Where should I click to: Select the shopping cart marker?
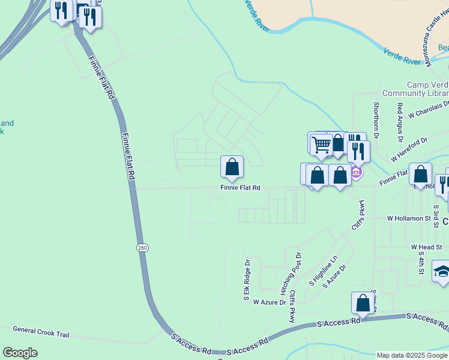pyautogui.click(x=321, y=144)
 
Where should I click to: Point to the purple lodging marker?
pyautogui.click(x=356, y=173)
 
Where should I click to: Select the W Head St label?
pyautogui.click(x=426, y=247)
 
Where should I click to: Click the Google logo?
pyautogui.click(x=20, y=353)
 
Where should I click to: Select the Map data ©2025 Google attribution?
pyautogui.click(x=412, y=355)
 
